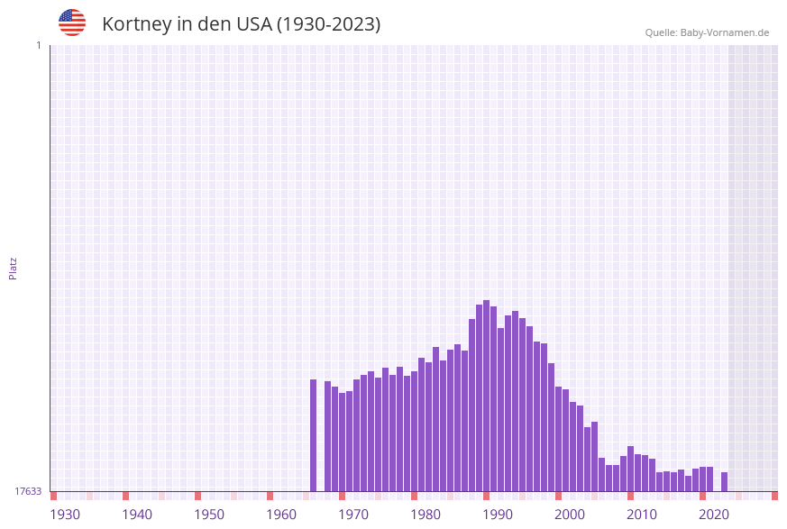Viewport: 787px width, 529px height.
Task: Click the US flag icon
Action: click(x=72, y=23)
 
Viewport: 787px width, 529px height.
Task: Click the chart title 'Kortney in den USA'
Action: click(x=241, y=24)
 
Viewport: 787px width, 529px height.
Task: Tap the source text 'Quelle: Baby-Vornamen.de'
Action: click(x=707, y=32)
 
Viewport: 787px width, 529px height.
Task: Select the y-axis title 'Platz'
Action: click(x=14, y=268)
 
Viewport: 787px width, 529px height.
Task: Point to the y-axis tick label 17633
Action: click(x=28, y=491)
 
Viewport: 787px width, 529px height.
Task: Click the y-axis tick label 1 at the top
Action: click(x=38, y=45)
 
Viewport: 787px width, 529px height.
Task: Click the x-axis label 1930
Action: click(x=65, y=515)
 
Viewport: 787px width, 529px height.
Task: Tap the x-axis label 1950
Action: click(x=209, y=515)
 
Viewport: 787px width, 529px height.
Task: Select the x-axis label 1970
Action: click(x=353, y=515)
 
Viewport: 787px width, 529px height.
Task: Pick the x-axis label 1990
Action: click(x=498, y=515)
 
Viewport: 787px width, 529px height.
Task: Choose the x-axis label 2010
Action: click(x=642, y=515)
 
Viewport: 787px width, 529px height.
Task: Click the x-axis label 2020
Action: click(x=714, y=515)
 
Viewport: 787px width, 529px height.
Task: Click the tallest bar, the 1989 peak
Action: click(x=486, y=397)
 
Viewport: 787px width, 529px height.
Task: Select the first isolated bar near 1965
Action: click(x=313, y=435)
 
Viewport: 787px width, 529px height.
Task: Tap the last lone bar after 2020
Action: click(x=724, y=482)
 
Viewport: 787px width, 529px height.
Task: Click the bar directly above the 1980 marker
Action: click(x=414, y=431)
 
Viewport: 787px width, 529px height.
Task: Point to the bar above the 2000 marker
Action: click(x=558, y=439)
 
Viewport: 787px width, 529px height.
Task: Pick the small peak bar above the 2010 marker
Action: click(x=630, y=469)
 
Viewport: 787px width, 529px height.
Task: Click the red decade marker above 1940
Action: click(x=125, y=496)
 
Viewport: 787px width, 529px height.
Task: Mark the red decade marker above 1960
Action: click(x=270, y=496)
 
